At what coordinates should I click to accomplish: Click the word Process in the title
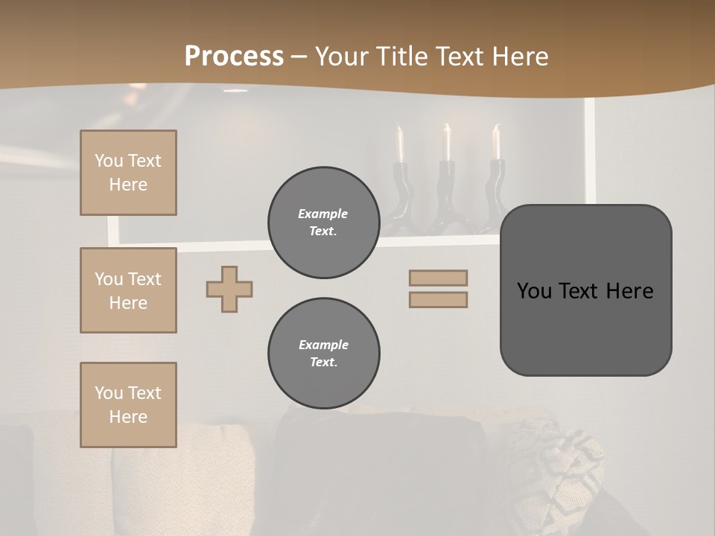[234, 57]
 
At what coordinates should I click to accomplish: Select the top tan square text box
[128, 173]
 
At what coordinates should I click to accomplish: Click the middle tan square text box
[128, 290]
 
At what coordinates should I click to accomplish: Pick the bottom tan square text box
[128, 405]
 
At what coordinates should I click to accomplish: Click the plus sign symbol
[229, 289]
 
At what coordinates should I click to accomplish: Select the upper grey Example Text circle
[323, 223]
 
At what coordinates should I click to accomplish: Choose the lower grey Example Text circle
[323, 354]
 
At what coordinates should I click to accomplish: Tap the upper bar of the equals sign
[438, 278]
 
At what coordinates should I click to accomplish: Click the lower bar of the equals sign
[438, 299]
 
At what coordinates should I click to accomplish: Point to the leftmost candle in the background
[400, 145]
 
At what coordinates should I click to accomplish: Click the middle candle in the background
[447, 143]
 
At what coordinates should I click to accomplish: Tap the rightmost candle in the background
[496, 144]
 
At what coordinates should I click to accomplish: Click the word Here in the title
[520, 57]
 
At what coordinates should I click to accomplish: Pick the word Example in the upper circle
[323, 214]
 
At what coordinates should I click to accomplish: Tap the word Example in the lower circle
[323, 345]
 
